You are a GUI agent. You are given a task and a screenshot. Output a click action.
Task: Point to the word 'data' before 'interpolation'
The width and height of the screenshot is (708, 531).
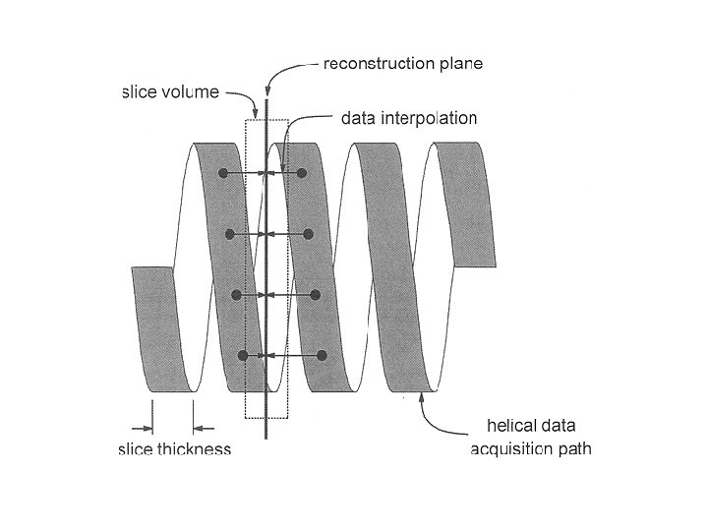coord(357,119)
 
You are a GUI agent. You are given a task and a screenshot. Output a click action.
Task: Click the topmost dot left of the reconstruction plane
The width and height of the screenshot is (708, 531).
coord(224,173)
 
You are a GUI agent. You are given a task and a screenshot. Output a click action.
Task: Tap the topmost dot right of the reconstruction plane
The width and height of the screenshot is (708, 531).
coord(303,173)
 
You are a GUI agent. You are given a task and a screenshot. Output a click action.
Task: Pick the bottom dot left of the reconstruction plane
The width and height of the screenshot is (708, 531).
coord(243,355)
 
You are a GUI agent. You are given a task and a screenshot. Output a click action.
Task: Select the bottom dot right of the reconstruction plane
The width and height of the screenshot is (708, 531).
coord(322,355)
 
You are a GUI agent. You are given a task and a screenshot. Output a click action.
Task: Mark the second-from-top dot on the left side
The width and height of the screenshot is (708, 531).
coord(230,234)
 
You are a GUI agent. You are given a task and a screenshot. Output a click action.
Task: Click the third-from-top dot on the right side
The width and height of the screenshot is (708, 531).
coord(316,295)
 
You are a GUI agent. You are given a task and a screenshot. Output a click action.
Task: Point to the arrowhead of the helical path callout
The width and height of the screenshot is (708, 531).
coord(423,397)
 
